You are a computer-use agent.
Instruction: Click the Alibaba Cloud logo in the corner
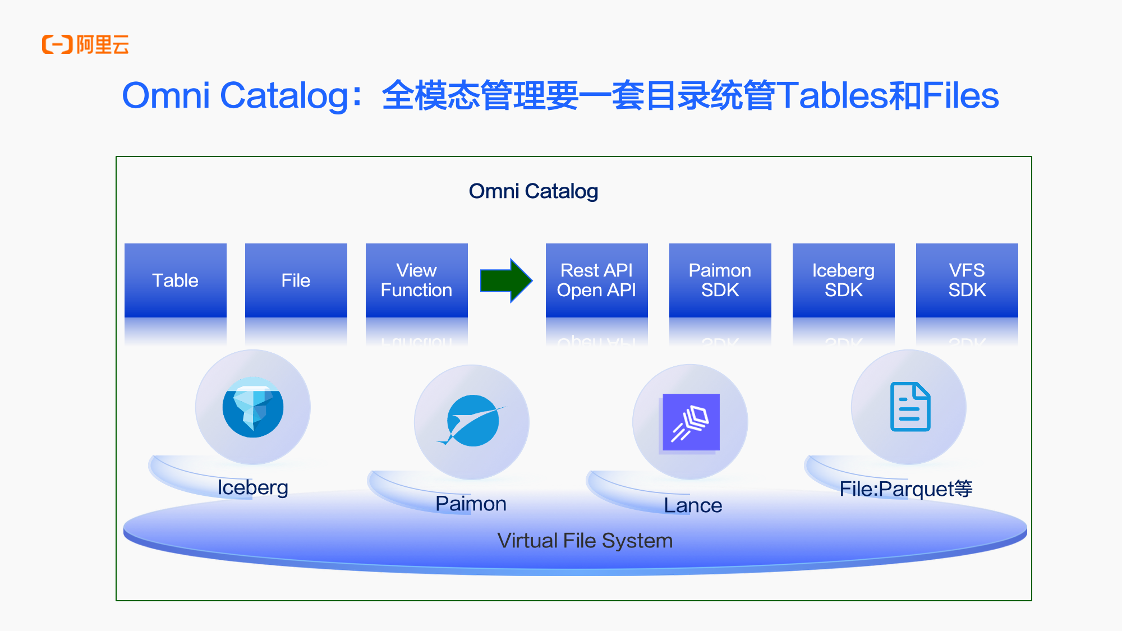click(85, 44)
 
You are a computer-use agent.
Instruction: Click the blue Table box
click(176, 280)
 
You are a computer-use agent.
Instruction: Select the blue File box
click(296, 280)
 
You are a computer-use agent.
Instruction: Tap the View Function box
click(416, 280)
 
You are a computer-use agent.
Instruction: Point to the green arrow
click(505, 280)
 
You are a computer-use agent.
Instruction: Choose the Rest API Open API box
click(596, 280)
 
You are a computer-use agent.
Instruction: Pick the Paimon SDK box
click(720, 280)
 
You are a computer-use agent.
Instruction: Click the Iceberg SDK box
click(843, 280)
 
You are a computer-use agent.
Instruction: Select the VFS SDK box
click(967, 280)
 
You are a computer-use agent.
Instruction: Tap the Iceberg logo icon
click(253, 407)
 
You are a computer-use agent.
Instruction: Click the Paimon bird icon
click(472, 421)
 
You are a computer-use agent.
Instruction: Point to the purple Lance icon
click(691, 422)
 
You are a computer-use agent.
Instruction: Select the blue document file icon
click(910, 407)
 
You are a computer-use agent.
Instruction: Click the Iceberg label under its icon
click(252, 487)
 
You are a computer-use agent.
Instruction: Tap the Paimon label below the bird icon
click(471, 504)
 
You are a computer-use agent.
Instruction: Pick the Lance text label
click(693, 505)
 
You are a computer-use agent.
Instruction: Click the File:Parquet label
click(905, 489)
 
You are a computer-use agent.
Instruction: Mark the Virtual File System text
click(585, 541)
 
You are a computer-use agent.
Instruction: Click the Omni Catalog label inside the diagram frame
click(533, 191)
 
